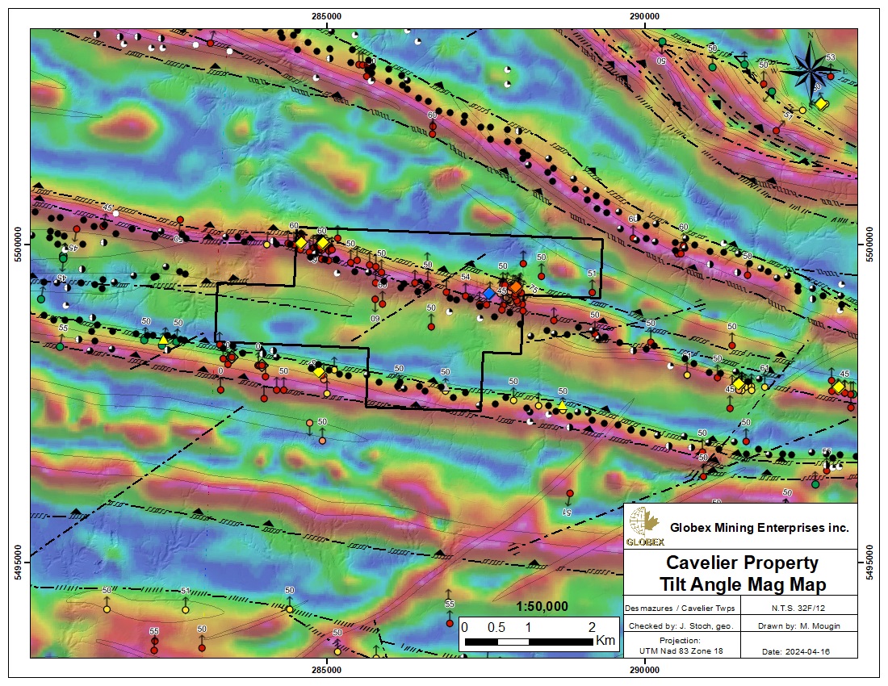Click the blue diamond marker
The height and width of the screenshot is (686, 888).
coord(488,295)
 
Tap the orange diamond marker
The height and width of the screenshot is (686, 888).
coord(515,287)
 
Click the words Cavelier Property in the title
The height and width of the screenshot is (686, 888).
coord(741,563)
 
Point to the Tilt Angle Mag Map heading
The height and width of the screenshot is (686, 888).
coord(741,583)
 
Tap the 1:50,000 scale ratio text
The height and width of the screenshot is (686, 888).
coord(542,607)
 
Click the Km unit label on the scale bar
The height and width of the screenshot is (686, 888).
coord(605,641)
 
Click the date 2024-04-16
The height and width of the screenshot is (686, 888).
coord(798,651)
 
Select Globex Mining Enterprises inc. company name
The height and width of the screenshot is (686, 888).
coord(760,527)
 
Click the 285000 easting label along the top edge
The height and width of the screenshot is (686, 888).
coord(326,16)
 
